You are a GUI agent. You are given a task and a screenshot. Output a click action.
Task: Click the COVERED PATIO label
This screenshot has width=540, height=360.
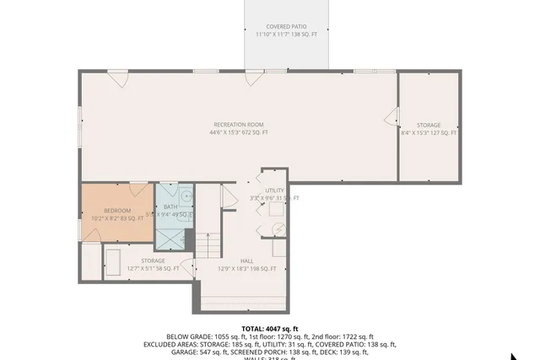click(x=286, y=27)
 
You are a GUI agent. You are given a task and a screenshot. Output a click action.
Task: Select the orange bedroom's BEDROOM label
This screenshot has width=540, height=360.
click(x=117, y=210)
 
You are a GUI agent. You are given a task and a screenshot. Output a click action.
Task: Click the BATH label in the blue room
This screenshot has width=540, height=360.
click(x=170, y=207)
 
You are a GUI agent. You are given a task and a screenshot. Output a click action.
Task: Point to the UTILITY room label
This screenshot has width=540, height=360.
click(x=274, y=191)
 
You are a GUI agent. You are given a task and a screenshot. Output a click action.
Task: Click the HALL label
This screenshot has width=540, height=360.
click(x=246, y=261)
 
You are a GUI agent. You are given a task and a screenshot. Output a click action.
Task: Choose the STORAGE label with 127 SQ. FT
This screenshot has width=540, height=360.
click(x=428, y=125)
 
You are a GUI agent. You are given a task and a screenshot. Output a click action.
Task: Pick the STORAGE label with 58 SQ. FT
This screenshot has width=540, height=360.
click(x=153, y=261)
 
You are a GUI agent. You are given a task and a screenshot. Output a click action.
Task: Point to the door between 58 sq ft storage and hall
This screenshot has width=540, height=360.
click(x=189, y=268)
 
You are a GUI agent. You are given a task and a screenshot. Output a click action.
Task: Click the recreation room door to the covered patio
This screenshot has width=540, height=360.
click(x=250, y=79)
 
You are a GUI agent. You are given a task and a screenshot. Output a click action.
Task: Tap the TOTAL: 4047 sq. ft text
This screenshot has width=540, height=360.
click(x=270, y=329)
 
